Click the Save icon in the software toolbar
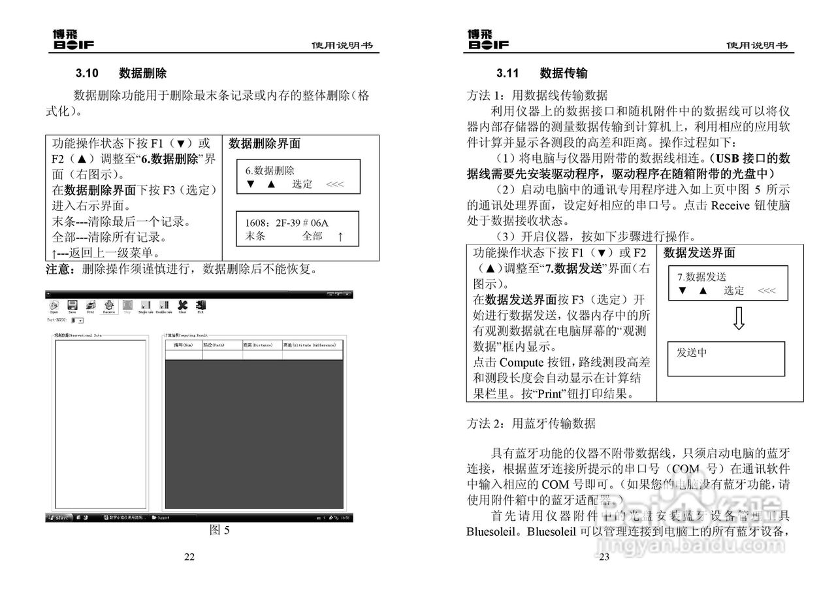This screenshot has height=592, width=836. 72,305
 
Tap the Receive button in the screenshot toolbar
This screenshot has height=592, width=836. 109,305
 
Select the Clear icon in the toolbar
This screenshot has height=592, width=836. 182,305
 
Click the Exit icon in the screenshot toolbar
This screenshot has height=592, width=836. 201,305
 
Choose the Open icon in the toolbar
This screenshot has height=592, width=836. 54,305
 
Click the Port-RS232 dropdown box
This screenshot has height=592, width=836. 77,321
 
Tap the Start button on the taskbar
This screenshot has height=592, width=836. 59,518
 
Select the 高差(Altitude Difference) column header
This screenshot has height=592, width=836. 309,344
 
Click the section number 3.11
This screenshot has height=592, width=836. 507,73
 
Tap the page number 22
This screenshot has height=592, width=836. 189,557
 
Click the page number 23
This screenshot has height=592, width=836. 604,557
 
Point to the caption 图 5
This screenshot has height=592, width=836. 219,530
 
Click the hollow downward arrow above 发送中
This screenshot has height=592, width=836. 739,318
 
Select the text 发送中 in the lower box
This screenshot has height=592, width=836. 692,353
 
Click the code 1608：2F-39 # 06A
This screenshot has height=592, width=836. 287,223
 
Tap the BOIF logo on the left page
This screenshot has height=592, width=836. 74,40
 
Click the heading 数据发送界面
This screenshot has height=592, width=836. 699,253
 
